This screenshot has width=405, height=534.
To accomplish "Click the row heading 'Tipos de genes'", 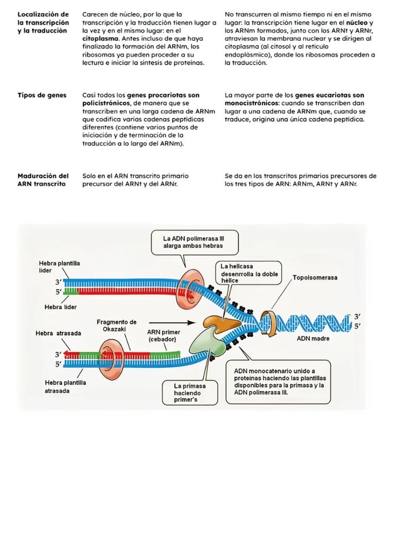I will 42,95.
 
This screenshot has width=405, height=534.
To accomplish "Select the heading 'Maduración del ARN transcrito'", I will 43,180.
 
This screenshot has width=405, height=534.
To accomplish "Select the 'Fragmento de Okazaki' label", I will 116,326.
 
